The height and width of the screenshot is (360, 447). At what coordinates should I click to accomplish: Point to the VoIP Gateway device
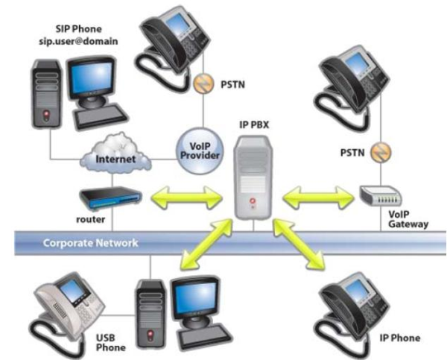pos(381,196)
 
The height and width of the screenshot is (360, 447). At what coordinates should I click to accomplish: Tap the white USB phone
pos(63,306)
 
